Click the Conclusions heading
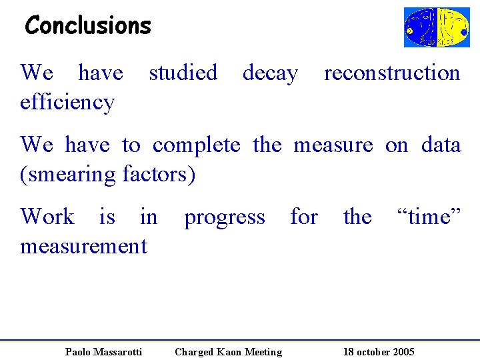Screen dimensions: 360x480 [88, 25]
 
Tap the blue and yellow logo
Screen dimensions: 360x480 [436, 27]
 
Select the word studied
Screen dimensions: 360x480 [183, 72]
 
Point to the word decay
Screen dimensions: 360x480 [270, 73]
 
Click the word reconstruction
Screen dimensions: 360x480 [392, 73]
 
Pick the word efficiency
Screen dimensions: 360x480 [67, 102]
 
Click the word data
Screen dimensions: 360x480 [441, 145]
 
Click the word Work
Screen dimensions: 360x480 [47, 217]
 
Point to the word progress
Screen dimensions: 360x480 [224, 217]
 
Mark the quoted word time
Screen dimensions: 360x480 [428, 217]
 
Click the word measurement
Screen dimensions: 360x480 [83, 246]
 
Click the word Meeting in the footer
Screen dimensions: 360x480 [263, 352]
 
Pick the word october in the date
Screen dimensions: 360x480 [373, 352]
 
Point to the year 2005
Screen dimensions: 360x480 [403, 352]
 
